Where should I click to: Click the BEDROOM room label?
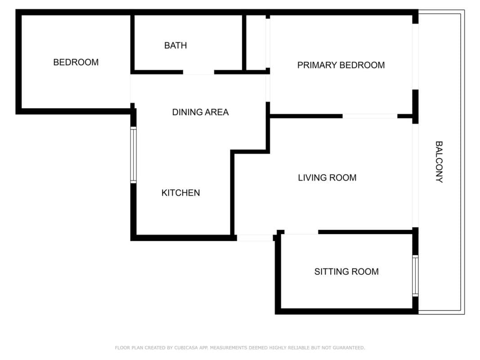pos(76,62)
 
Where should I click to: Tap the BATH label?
pos(175,45)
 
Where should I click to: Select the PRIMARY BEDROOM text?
pos(341,65)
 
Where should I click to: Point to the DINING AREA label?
pos(201,112)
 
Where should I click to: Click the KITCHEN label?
pos(180,193)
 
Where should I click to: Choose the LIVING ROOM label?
pos(327,178)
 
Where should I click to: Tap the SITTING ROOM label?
pos(346,271)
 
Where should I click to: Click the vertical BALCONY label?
pos(439,162)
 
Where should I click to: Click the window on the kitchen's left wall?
pos(134,155)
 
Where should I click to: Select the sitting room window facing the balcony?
pos(415,276)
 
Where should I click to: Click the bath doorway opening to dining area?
pos(198,72)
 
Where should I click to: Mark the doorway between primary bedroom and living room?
pos(370,116)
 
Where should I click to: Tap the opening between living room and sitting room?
pos(301,232)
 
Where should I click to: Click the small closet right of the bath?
pos(256,43)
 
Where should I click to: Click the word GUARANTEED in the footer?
pos(349,348)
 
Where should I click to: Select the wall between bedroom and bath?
pos(133,43)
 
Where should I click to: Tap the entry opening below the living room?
pos(255,238)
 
